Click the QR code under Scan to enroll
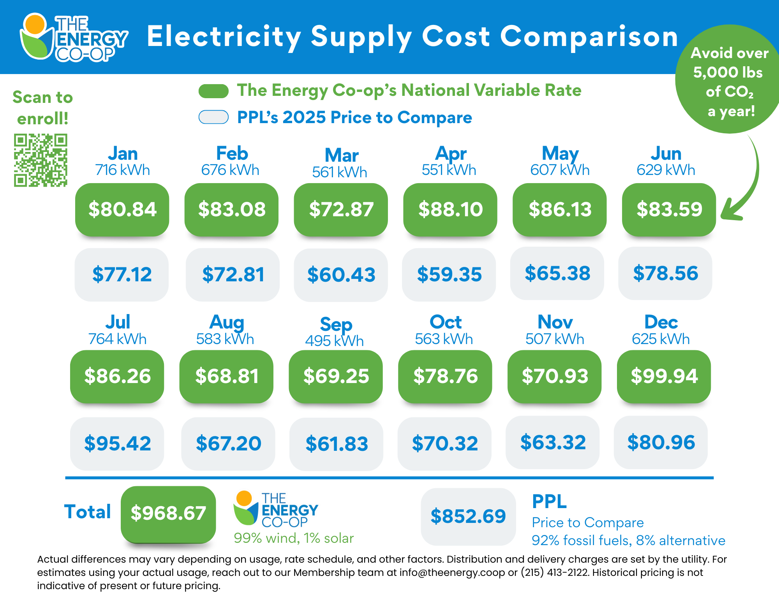(41, 160)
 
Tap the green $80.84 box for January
(122, 209)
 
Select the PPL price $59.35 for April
(449, 274)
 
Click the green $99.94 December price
(664, 376)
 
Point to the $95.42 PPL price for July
(117, 444)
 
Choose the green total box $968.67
(168, 514)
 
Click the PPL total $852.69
(468, 517)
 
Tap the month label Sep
(336, 324)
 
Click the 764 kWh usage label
(117, 339)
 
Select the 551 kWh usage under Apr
(449, 170)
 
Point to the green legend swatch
(213, 91)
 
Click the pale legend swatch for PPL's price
(213, 117)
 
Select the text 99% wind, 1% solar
(294, 538)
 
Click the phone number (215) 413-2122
(555, 572)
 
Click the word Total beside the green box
(88, 512)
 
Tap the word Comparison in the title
(589, 37)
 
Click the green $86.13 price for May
(560, 209)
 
